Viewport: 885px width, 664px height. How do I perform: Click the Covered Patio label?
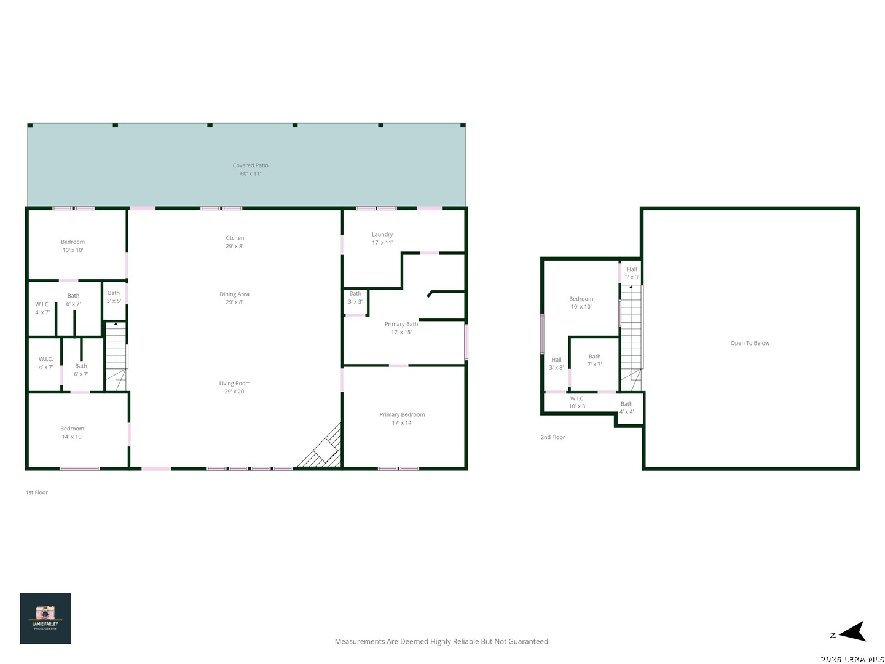tap(250, 169)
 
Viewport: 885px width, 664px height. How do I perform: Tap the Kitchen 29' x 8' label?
tap(234, 242)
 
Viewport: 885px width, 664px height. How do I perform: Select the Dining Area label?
tap(234, 298)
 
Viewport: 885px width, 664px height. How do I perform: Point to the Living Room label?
tap(235, 387)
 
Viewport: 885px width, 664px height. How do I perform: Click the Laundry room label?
tap(382, 239)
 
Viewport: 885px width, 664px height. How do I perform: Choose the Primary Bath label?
tap(401, 328)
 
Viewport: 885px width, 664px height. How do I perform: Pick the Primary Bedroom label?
tap(402, 419)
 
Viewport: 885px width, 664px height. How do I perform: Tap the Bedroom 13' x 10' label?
tap(73, 246)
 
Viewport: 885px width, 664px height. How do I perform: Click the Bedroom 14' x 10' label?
tap(72, 433)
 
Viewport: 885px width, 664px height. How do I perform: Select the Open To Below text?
tap(750, 343)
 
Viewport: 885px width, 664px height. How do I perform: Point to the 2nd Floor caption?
tap(553, 437)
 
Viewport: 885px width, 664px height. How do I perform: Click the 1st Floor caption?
tap(37, 492)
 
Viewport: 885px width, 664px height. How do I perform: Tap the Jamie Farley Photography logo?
tap(45, 619)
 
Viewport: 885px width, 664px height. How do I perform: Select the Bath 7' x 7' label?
tap(595, 360)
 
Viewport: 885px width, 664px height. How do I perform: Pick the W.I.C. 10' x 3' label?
tap(577, 402)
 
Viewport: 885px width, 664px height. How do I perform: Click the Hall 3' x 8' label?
tap(556, 363)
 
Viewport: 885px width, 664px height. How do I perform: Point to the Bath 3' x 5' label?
tap(114, 297)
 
